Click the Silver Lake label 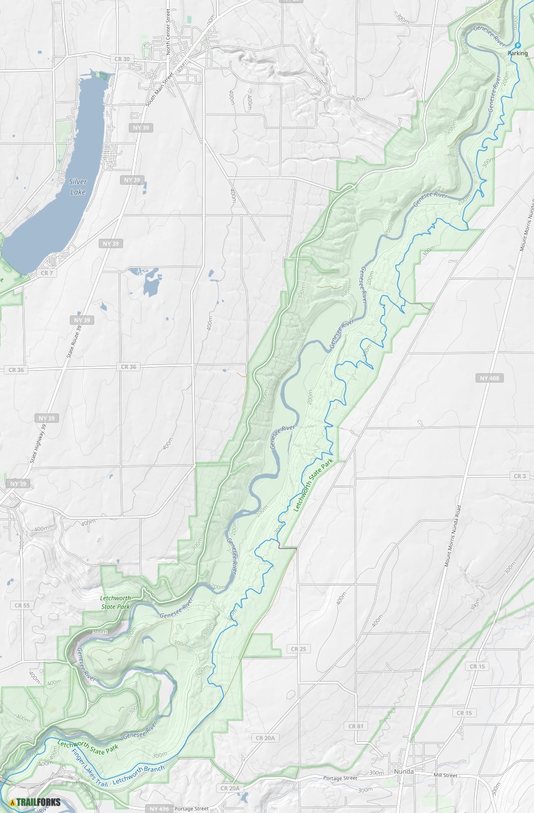(x=78, y=186)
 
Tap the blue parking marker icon (x=517, y=45)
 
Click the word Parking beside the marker (x=518, y=54)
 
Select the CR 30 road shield (x=123, y=58)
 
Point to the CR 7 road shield (x=46, y=273)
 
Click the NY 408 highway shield (x=489, y=378)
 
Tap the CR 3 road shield (x=520, y=476)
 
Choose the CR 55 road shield (x=21, y=605)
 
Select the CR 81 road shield (x=355, y=726)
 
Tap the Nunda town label (x=403, y=771)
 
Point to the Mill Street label (x=445, y=775)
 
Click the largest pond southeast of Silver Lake (x=151, y=286)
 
